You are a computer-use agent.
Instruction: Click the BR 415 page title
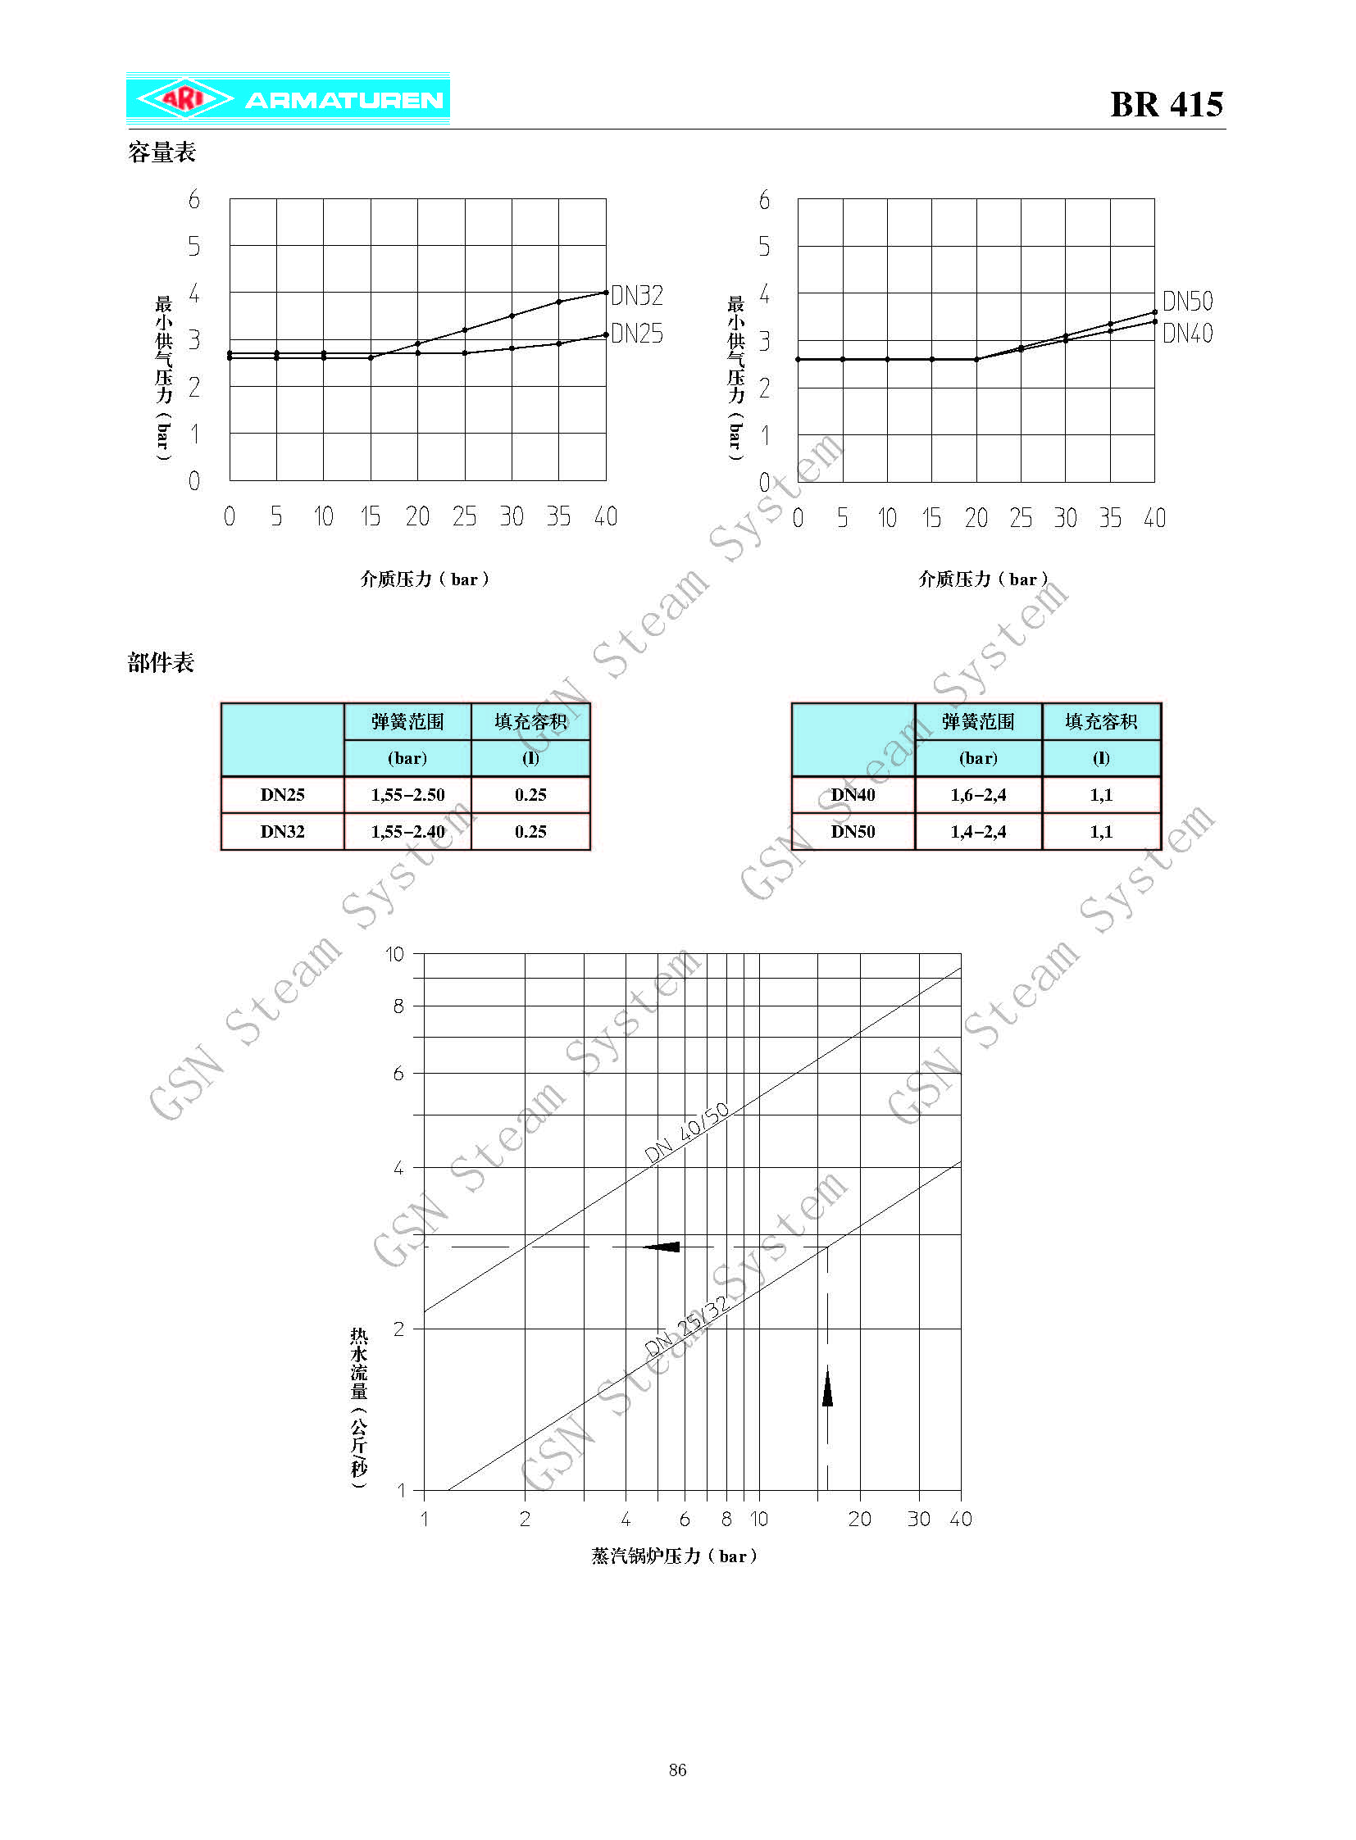[1166, 104]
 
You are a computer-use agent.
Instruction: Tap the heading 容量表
[162, 152]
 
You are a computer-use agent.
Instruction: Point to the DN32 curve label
[637, 295]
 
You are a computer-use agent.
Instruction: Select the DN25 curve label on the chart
[637, 334]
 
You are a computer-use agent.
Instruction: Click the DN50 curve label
[1187, 301]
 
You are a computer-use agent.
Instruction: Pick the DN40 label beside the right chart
[1187, 334]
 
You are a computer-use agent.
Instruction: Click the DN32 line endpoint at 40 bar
[606, 292]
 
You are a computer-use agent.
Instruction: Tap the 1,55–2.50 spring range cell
[407, 794]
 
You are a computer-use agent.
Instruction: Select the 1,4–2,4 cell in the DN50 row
[977, 831]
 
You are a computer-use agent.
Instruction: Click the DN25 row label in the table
[282, 794]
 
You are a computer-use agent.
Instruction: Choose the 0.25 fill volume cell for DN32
[530, 831]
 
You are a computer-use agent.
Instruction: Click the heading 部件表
[161, 662]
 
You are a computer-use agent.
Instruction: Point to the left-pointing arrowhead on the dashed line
[662, 1247]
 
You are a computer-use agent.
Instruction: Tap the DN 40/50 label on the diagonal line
[686, 1133]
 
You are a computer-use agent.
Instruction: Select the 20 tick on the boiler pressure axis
[859, 1519]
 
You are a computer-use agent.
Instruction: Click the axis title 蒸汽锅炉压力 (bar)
[673, 1556]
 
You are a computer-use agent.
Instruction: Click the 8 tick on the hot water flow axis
[399, 1006]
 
